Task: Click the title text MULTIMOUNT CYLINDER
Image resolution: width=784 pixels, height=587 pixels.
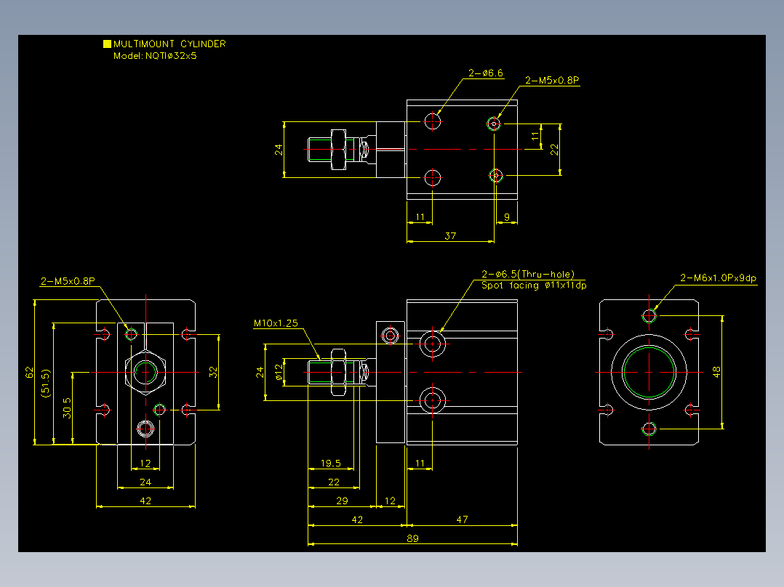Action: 169,44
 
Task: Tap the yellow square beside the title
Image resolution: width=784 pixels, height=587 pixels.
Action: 107,44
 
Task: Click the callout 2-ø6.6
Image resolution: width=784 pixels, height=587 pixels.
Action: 486,73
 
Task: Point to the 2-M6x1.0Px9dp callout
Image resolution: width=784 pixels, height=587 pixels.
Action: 718,278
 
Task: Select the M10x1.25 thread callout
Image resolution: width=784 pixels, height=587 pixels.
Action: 276,323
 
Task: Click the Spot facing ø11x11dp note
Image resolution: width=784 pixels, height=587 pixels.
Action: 534,286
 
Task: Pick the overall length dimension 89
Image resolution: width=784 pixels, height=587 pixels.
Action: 412,538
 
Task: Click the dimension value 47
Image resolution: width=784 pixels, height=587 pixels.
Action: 462,519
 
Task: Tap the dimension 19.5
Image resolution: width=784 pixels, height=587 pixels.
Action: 330,463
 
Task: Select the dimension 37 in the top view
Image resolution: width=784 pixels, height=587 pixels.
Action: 450,236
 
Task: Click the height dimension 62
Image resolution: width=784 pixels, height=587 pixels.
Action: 30,373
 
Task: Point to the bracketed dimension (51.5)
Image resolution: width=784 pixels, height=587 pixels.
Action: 46,383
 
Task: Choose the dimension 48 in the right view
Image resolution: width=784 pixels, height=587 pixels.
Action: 716,372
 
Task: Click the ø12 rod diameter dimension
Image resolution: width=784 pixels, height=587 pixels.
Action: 279,372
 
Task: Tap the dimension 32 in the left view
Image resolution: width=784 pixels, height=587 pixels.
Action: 214,372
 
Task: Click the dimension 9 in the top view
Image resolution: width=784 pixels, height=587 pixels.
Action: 506,217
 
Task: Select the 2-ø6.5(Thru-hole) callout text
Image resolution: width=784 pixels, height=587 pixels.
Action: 528,274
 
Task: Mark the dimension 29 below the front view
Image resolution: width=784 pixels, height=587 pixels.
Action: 342,501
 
